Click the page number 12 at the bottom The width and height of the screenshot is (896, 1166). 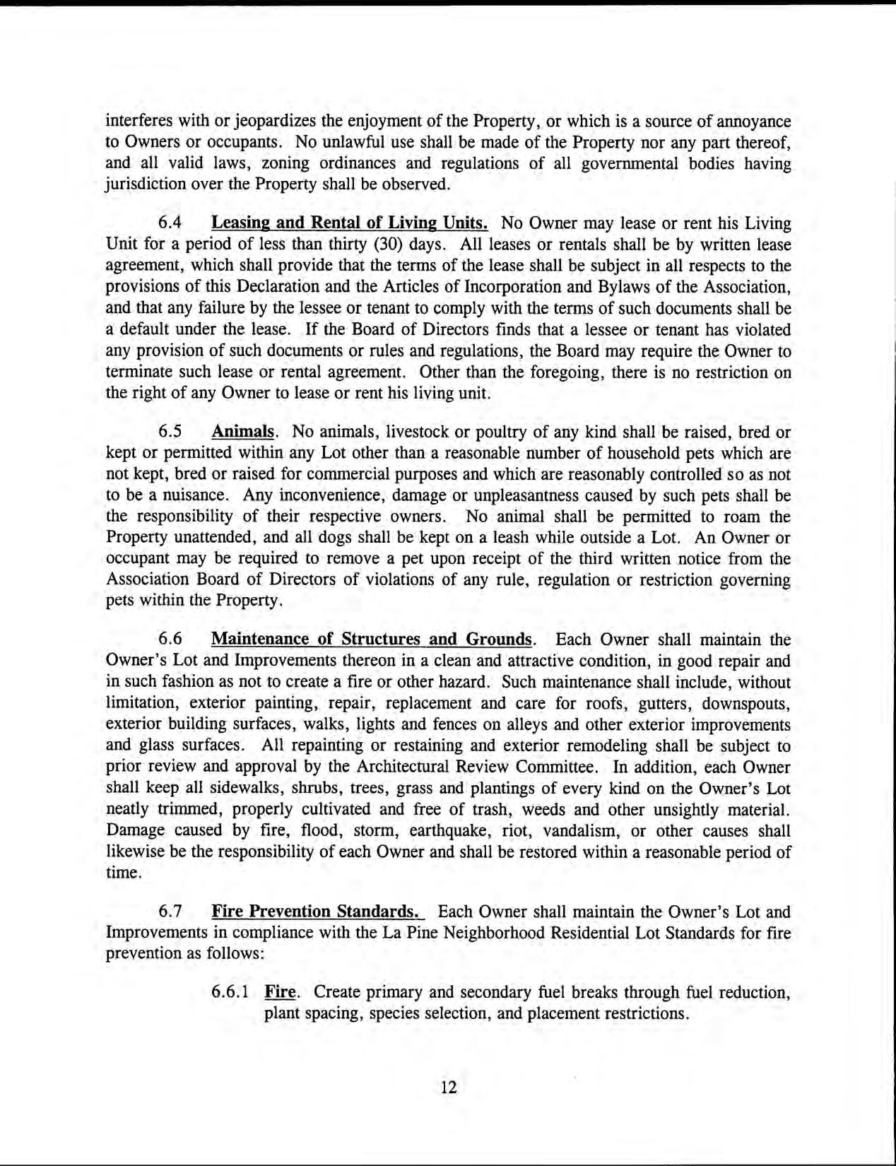[449, 1087]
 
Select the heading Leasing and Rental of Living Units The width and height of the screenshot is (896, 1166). [350, 223]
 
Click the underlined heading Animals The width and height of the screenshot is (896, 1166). [243, 431]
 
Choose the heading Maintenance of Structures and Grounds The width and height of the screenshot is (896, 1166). [372, 640]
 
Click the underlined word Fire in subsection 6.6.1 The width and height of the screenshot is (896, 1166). [279, 992]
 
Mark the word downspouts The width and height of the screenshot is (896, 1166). [749, 704]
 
